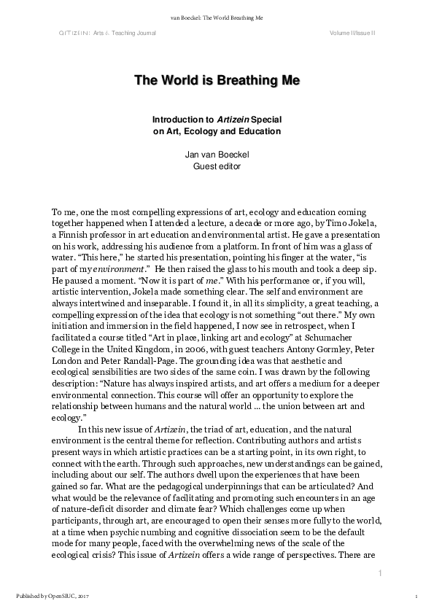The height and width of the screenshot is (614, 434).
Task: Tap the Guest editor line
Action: pyautogui.click(x=217, y=166)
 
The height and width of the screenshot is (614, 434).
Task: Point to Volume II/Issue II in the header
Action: pyautogui.click(x=352, y=34)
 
